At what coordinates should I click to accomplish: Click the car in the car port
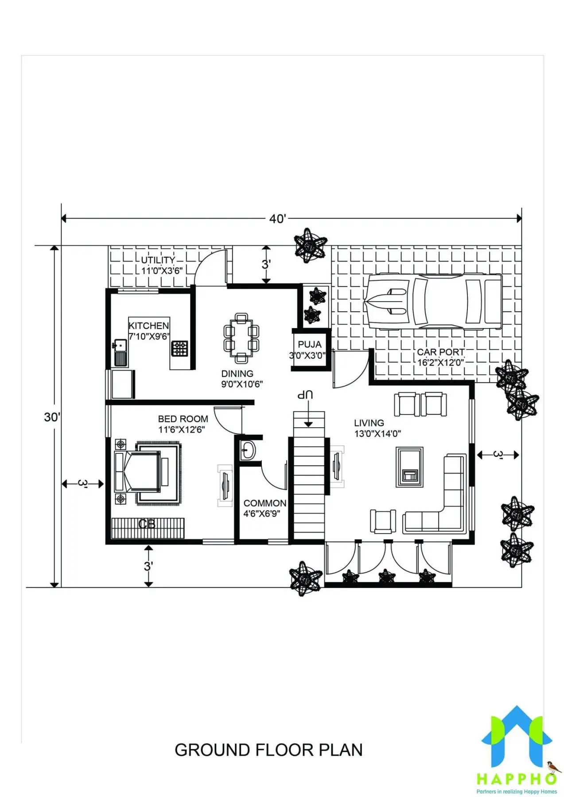[x=433, y=302]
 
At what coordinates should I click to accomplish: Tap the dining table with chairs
[x=241, y=338]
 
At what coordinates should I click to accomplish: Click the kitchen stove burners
[x=179, y=348]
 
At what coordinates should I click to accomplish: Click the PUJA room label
[x=310, y=344]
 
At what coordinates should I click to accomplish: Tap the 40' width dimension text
[x=278, y=218]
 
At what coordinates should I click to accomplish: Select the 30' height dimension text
[x=52, y=417]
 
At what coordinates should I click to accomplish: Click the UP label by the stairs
[x=305, y=394]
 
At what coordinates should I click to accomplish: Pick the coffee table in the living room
[x=409, y=467]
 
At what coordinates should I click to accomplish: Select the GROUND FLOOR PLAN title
[x=268, y=750]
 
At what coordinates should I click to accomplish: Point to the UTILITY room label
[x=158, y=260]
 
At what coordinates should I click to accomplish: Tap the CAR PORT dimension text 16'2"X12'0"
[x=440, y=363]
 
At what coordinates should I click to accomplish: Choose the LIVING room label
[x=369, y=423]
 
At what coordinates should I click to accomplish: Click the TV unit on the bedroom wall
[x=225, y=485]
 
